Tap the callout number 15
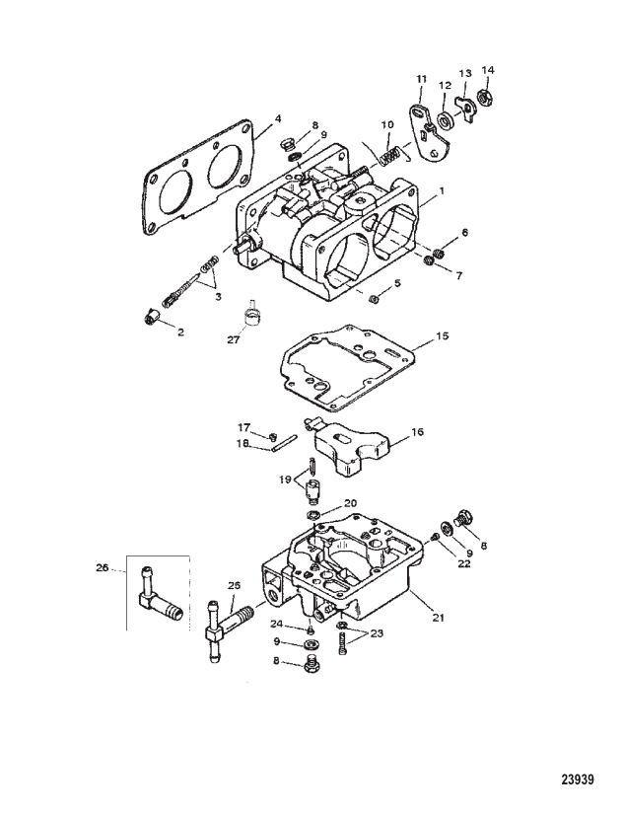[x=443, y=335]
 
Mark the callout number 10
[x=387, y=124]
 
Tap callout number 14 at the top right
[x=487, y=70]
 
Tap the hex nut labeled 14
[x=484, y=97]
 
